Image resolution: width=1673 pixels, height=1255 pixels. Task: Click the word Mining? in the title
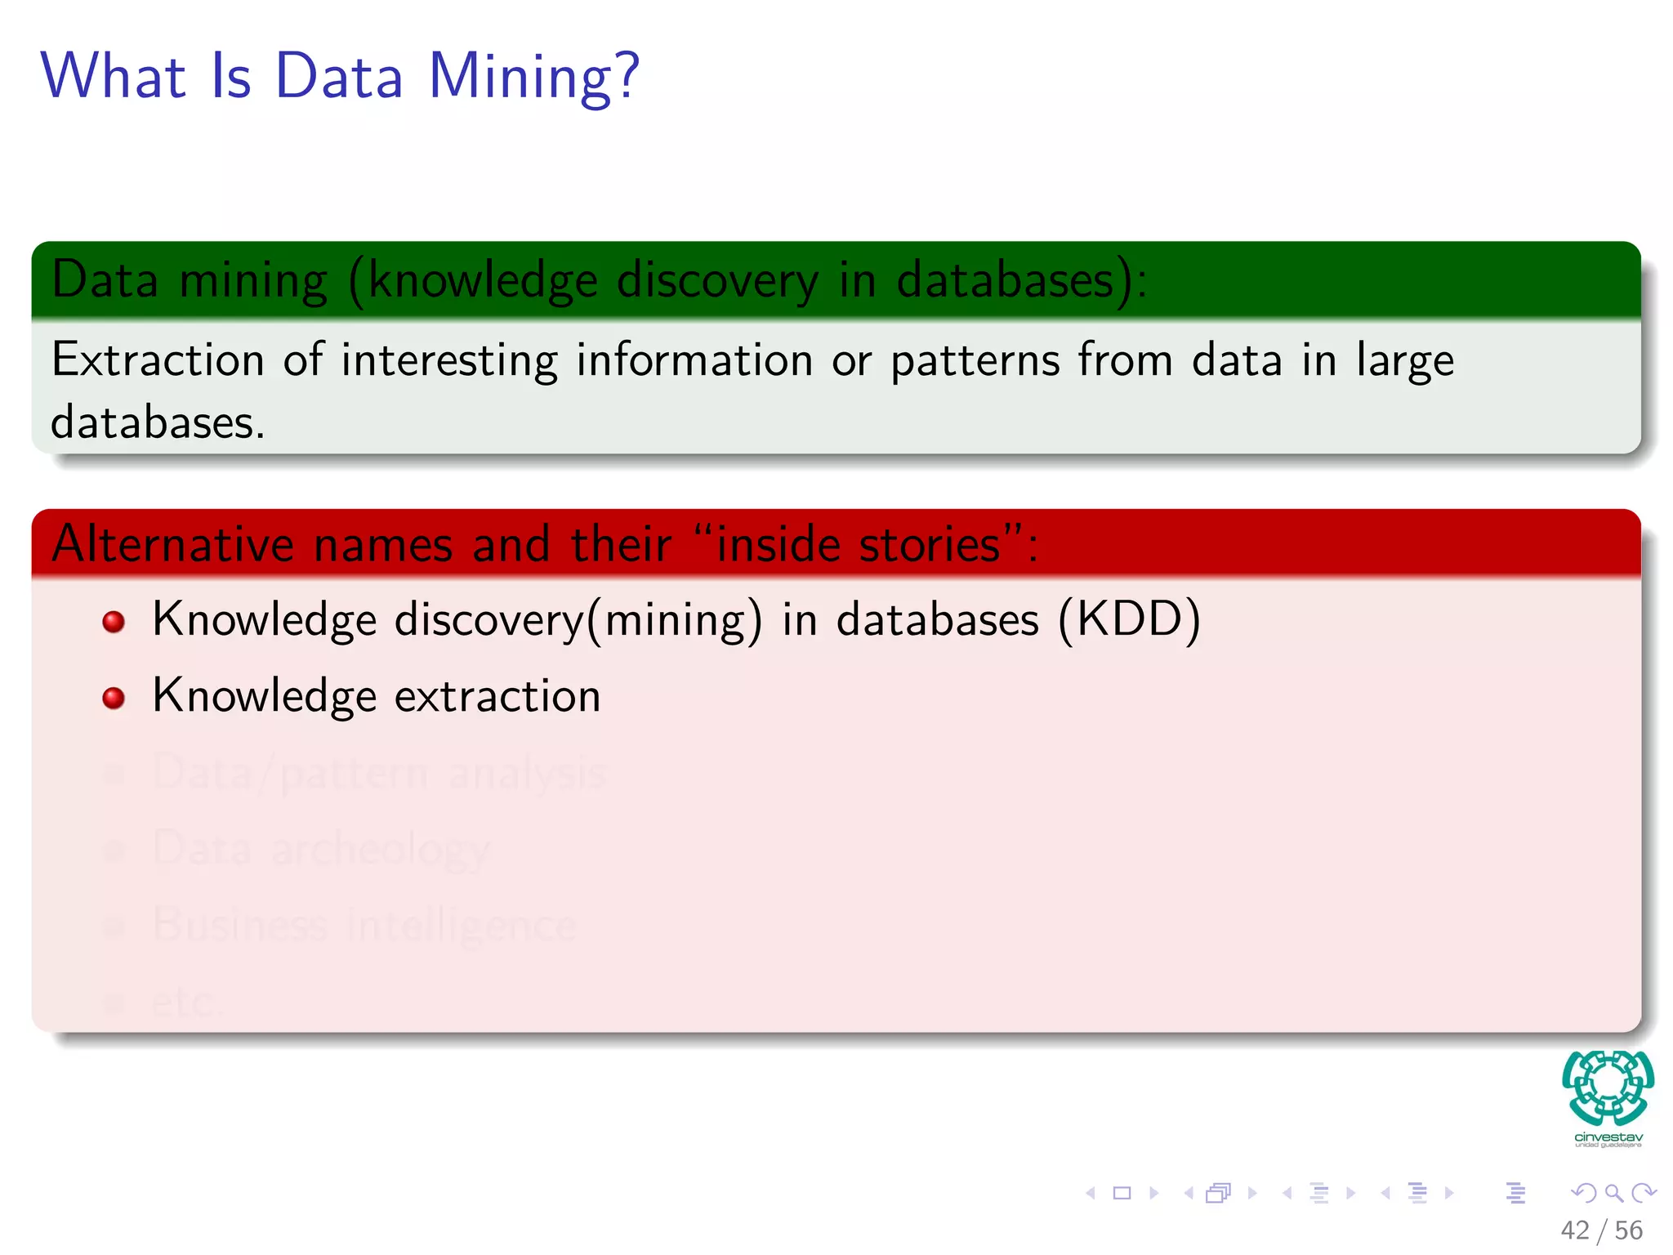click(533, 78)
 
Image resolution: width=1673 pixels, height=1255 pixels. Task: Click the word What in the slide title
click(114, 76)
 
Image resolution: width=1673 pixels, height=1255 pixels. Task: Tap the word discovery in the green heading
click(717, 280)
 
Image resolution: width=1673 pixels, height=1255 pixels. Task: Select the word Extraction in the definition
click(158, 360)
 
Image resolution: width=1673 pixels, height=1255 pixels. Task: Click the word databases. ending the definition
click(158, 422)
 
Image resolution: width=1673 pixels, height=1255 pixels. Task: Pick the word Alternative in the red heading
click(172, 543)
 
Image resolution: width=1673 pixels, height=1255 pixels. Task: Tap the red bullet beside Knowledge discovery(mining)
click(114, 622)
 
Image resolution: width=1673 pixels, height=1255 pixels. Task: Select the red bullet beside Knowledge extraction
click(114, 698)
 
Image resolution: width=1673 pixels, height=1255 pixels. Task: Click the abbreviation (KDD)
click(1129, 619)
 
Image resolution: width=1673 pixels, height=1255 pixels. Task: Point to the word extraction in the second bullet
click(497, 696)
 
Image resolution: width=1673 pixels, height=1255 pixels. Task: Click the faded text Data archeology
click(321, 848)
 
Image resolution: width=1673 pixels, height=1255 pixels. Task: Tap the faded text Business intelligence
click(364, 924)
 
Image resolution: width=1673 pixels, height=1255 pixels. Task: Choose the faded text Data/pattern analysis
click(378, 772)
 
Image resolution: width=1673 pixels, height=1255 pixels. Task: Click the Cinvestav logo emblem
click(1608, 1088)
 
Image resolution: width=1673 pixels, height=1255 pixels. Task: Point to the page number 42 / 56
click(1601, 1230)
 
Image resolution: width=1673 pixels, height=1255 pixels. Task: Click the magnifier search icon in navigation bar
click(1613, 1193)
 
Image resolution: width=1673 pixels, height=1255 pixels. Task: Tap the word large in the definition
click(1405, 361)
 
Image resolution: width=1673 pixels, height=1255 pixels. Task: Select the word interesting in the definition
click(449, 361)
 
